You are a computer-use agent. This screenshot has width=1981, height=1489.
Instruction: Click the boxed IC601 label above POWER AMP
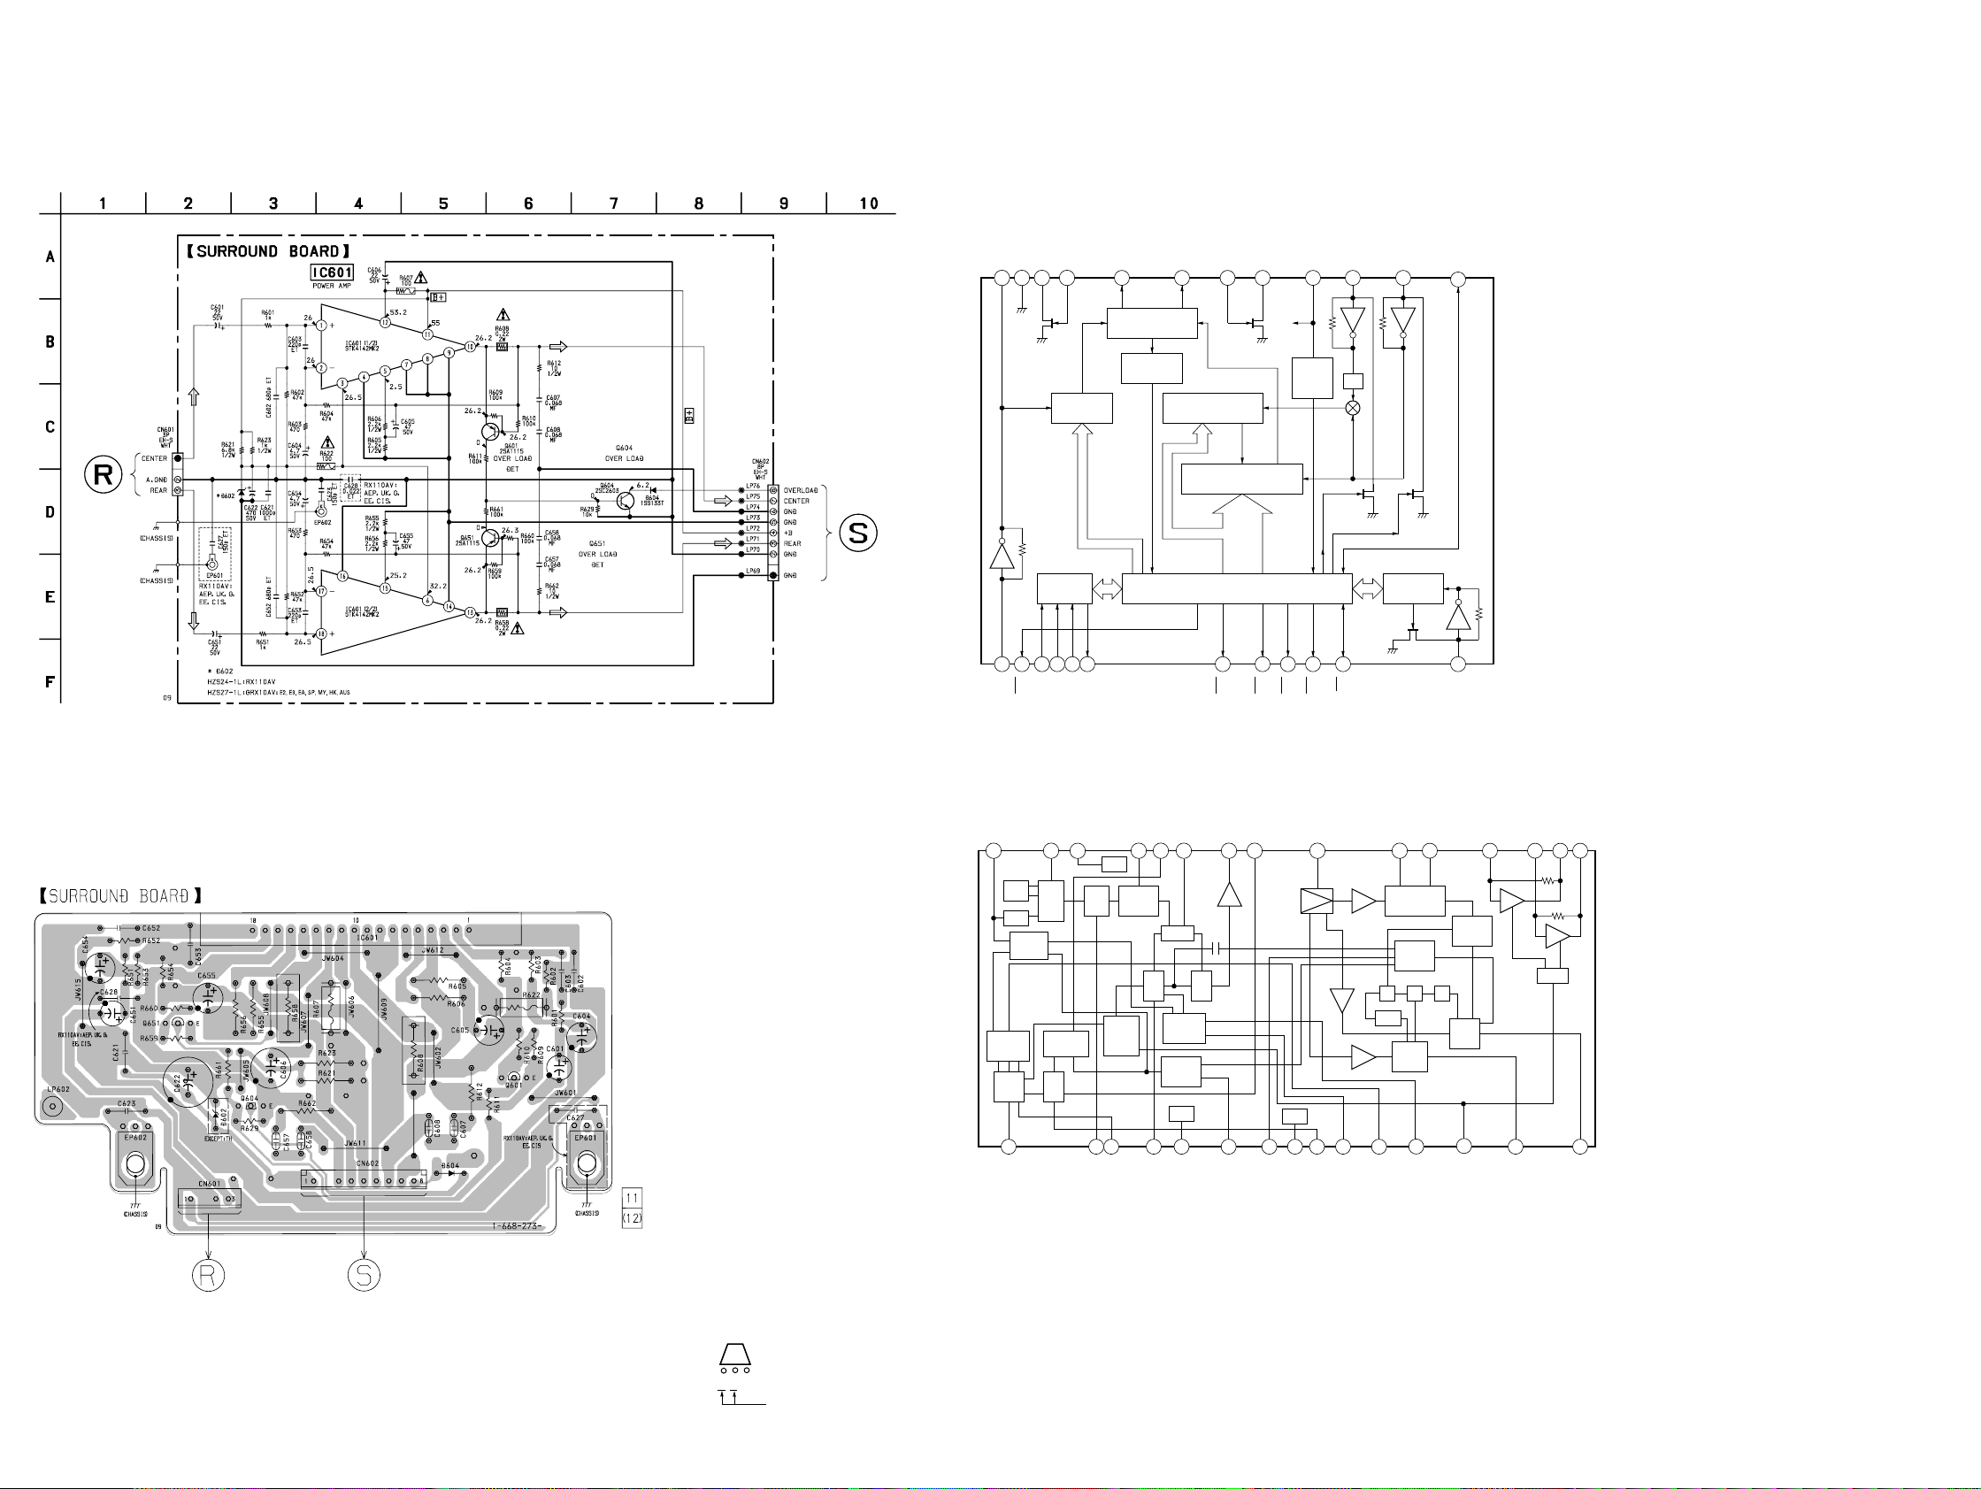(333, 272)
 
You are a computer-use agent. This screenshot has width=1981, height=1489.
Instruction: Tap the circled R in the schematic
(103, 474)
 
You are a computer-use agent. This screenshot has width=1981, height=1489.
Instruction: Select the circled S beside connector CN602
(858, 533)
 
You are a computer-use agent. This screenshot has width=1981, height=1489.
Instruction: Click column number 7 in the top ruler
(613, 203)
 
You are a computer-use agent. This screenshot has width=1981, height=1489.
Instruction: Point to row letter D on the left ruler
(50, 512)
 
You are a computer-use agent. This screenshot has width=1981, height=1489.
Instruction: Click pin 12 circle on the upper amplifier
(384, 322)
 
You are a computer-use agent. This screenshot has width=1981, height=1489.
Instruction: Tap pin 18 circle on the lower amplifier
(320, 634)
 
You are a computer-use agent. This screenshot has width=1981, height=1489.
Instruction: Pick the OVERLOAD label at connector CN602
(801, 491)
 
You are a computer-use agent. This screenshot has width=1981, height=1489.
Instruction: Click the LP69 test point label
(752, 572)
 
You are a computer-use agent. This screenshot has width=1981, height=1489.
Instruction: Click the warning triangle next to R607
(421, 278)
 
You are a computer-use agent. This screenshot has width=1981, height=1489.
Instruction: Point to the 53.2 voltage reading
(398, 312)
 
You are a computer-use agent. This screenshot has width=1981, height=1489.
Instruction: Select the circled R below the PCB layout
(208, 1275)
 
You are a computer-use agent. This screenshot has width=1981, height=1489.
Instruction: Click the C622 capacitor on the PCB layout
(189, 1082)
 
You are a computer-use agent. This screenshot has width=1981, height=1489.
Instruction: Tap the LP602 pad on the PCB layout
(53, 1107)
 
